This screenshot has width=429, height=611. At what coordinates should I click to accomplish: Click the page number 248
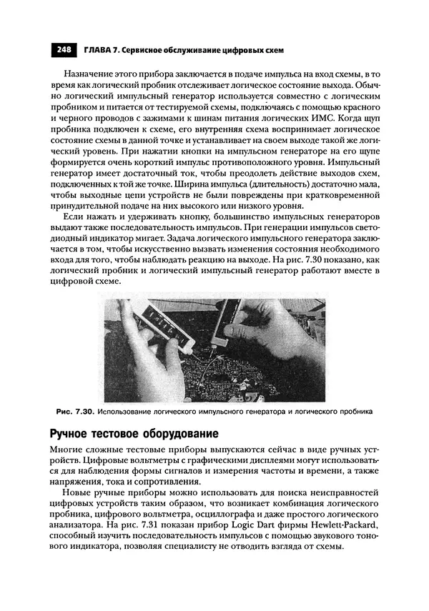pos(62,50)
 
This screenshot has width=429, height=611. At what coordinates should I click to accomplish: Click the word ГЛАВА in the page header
pos(97,50)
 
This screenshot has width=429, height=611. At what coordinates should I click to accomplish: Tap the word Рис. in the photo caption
pos(63,412)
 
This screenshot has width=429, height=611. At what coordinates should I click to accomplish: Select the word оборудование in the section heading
pos(182,434)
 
